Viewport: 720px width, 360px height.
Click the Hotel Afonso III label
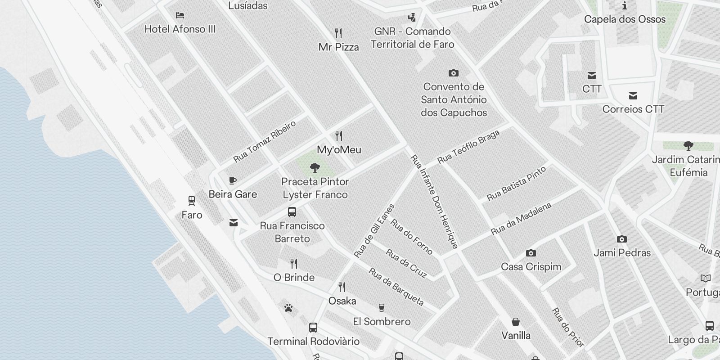tap(180, 29)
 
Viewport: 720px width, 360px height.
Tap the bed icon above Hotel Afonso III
tap(180, 15)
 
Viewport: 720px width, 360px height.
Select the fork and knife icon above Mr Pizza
tap(338, 33)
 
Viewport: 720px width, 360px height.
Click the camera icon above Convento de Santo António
tap(454, 73)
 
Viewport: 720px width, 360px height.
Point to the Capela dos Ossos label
tap(625, 19)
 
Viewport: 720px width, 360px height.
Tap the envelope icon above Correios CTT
tap(633, 95)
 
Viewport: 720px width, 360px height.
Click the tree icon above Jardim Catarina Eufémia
tap(688, 146)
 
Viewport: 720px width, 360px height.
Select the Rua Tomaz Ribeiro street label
tap(265, 141)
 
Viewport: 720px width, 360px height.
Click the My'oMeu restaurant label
tap(339, 150)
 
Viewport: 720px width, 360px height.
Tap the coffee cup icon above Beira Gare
tap(233, 181)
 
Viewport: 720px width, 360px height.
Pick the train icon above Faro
tap(192, 201)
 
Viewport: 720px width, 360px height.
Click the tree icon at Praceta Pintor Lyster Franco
tap(315, 168)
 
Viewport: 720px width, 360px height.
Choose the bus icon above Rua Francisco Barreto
tap(292, 212)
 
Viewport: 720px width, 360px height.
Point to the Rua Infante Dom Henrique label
tap(434, 202)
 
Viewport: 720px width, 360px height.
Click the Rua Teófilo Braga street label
tap(468, 147)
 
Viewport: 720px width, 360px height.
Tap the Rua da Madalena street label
tap(521, 219)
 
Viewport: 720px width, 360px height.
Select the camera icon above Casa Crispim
tap(531, 253)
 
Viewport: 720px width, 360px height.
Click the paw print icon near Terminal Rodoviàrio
tap(288, 308)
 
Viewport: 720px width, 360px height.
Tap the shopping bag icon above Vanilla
tap(516, 322)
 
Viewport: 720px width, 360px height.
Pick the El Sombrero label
tap(382, 322)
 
